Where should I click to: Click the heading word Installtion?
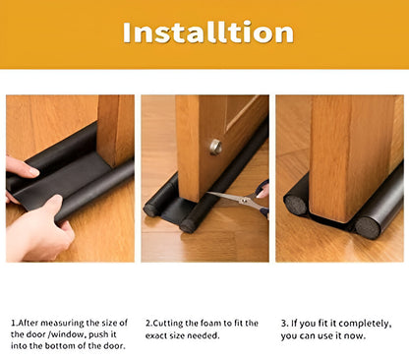click(207, 32)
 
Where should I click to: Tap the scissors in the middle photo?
click(236, 201)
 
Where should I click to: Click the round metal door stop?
click(215, 147)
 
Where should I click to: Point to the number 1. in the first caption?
click(15, 323)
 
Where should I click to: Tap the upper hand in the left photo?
click(21, 169)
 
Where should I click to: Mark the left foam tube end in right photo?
click(296, 205)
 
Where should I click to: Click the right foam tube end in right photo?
click(367, 226)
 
